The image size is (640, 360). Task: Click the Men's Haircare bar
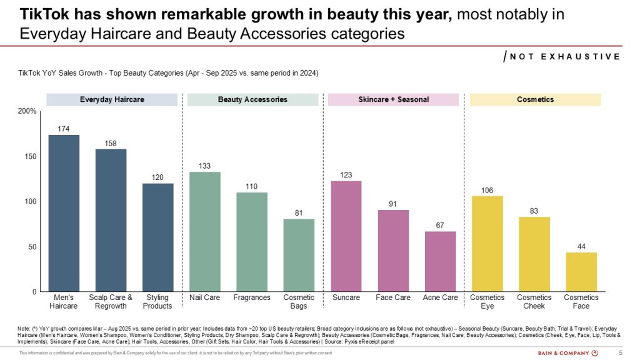(64, 213)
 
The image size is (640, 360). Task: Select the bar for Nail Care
(204, 232)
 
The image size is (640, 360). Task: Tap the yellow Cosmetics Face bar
(581, 272)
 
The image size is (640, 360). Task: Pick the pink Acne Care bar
(440, 261)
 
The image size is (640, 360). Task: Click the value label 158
(111, 143)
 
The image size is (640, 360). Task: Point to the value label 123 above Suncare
(346, 174)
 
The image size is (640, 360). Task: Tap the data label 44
(581, 247)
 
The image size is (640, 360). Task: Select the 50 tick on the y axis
(31, 247)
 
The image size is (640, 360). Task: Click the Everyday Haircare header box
(112, 99)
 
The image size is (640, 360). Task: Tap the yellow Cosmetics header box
(535, 99)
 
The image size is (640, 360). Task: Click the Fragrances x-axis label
(251, 297)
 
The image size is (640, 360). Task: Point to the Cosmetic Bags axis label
(299, 302)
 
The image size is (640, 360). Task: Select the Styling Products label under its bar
(157, 302)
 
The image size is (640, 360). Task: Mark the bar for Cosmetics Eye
(487, 244)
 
